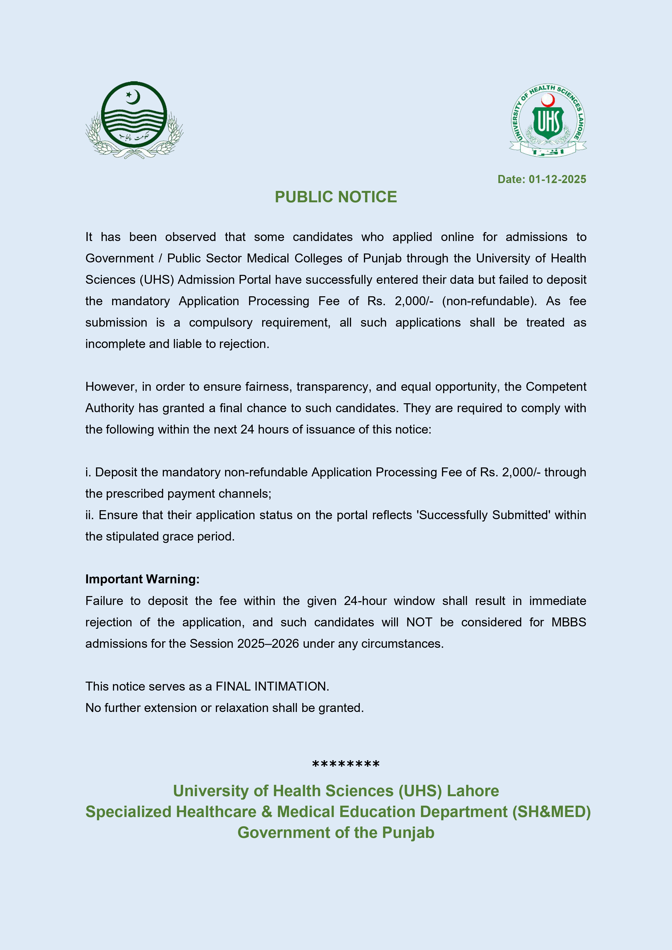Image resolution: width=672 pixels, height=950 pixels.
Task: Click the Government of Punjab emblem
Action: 134,120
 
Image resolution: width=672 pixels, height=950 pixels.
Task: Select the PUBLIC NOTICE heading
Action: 336,197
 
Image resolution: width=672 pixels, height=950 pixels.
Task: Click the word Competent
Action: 556,387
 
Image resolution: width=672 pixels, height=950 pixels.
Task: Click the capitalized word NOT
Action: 419,622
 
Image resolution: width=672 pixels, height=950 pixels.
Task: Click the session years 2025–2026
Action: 268,644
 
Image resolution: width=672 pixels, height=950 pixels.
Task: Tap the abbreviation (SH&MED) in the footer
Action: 551,812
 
